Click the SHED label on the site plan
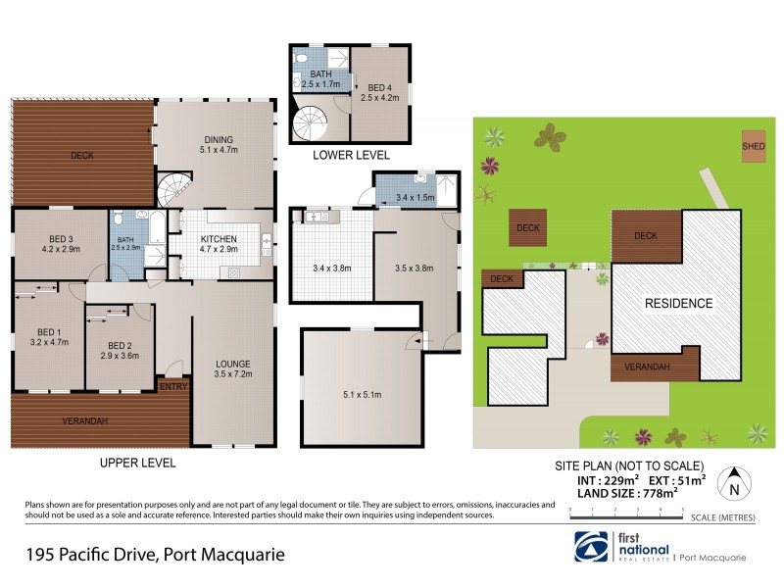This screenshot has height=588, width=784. (754, 146)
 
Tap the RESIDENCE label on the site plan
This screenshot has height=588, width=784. (677, 303)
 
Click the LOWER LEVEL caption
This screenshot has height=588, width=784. (351, 155)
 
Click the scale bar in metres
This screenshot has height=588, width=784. (626, 513)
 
